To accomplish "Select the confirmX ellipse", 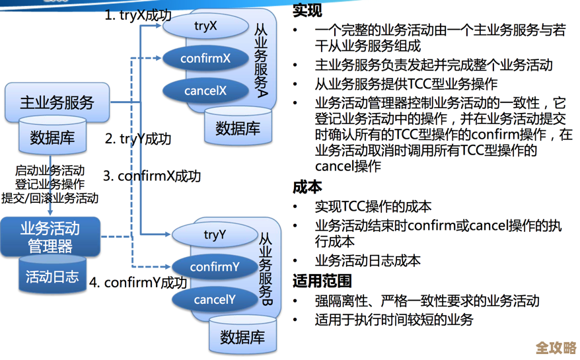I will [x=205, y=58].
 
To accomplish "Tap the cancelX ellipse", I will [x=205, y=90].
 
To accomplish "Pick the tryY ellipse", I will [x=215, y=234].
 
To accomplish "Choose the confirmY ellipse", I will [x=215, y=267].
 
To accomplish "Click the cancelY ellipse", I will [x=215, y=300].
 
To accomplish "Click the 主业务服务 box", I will [x=57, y=102].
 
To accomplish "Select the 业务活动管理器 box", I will [x=50, y=237].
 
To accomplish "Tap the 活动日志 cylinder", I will [x=52, y=276].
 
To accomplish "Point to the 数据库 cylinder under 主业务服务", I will [x=52, y=137].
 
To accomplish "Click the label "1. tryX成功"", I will [x=137, y=15].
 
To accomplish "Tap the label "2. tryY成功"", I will [x=138, y=139].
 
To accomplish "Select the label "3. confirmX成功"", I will [x=152, y=176].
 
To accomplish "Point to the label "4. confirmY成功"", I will [x=138, y=282].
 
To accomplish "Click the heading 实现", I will [x=307, y=11].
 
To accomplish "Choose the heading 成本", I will [x=307, y=187].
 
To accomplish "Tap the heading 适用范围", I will [x=322, y=281].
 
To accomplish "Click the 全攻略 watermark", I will [x=556, y=347].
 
